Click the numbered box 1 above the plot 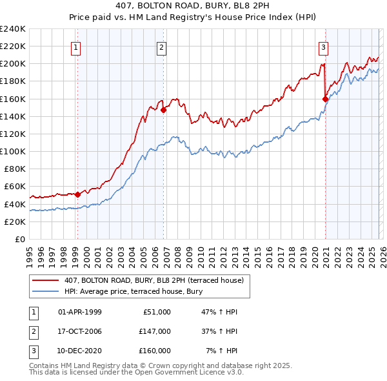(x=76, y=46)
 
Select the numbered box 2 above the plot (x=161, y=46)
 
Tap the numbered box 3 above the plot (x=323, y=46)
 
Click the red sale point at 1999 (x=77, y=194)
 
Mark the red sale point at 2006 (x=164, y=110)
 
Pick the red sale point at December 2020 (x=325, y=99)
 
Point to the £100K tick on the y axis (x=13, y=151)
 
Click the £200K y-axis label (x=13, y=64)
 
